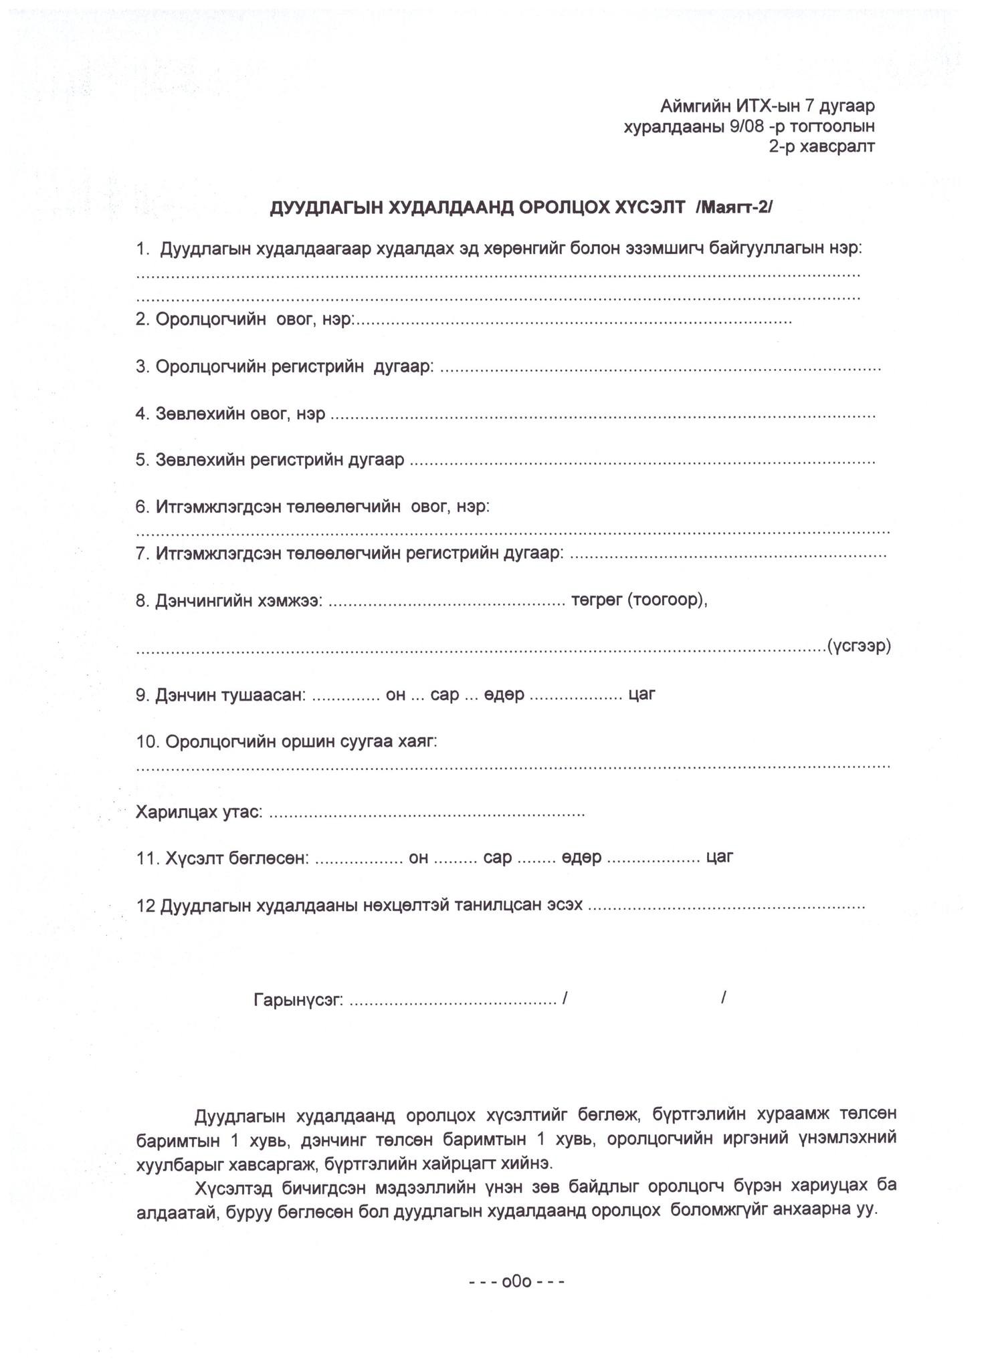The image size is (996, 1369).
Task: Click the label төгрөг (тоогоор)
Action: point(639,600)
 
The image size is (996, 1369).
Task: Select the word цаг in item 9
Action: point(641,695)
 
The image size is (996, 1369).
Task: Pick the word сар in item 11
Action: point(497,857)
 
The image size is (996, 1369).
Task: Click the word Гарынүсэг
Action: point(298,1000)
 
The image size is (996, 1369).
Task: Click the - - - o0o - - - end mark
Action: point(517,1281)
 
